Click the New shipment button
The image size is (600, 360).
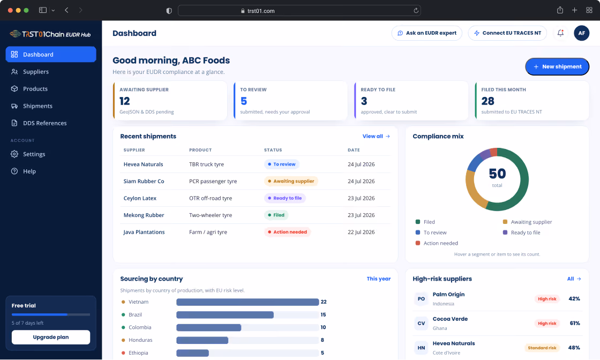tap(557, 66)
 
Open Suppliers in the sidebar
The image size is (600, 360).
tap(35, 72)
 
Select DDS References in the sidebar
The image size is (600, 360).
tap(45, 123)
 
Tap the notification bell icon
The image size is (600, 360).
tap(560, 33)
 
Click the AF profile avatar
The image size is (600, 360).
tap(581, 33)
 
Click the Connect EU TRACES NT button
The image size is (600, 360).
tap(507, 33)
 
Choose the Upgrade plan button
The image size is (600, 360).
tap(51, 337)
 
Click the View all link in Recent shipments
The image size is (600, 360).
tap(376, 136)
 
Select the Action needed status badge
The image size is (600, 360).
tap(287, 232)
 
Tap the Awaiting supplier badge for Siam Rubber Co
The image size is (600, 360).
tap(291, 181)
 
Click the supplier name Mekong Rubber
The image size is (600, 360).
tap(144, 215)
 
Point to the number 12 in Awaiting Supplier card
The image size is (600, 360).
tap(125, 101)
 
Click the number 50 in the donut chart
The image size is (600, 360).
tap(497, 174)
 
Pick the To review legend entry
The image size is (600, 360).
tap(431, 232)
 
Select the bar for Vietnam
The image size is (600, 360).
tap(247, 302)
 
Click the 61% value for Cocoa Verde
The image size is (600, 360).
tap(574, 323)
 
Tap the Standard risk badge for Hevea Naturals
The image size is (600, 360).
tap(542, 348)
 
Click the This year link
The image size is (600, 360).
tap(378, 279)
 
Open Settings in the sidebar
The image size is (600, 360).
tap(34, 154)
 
